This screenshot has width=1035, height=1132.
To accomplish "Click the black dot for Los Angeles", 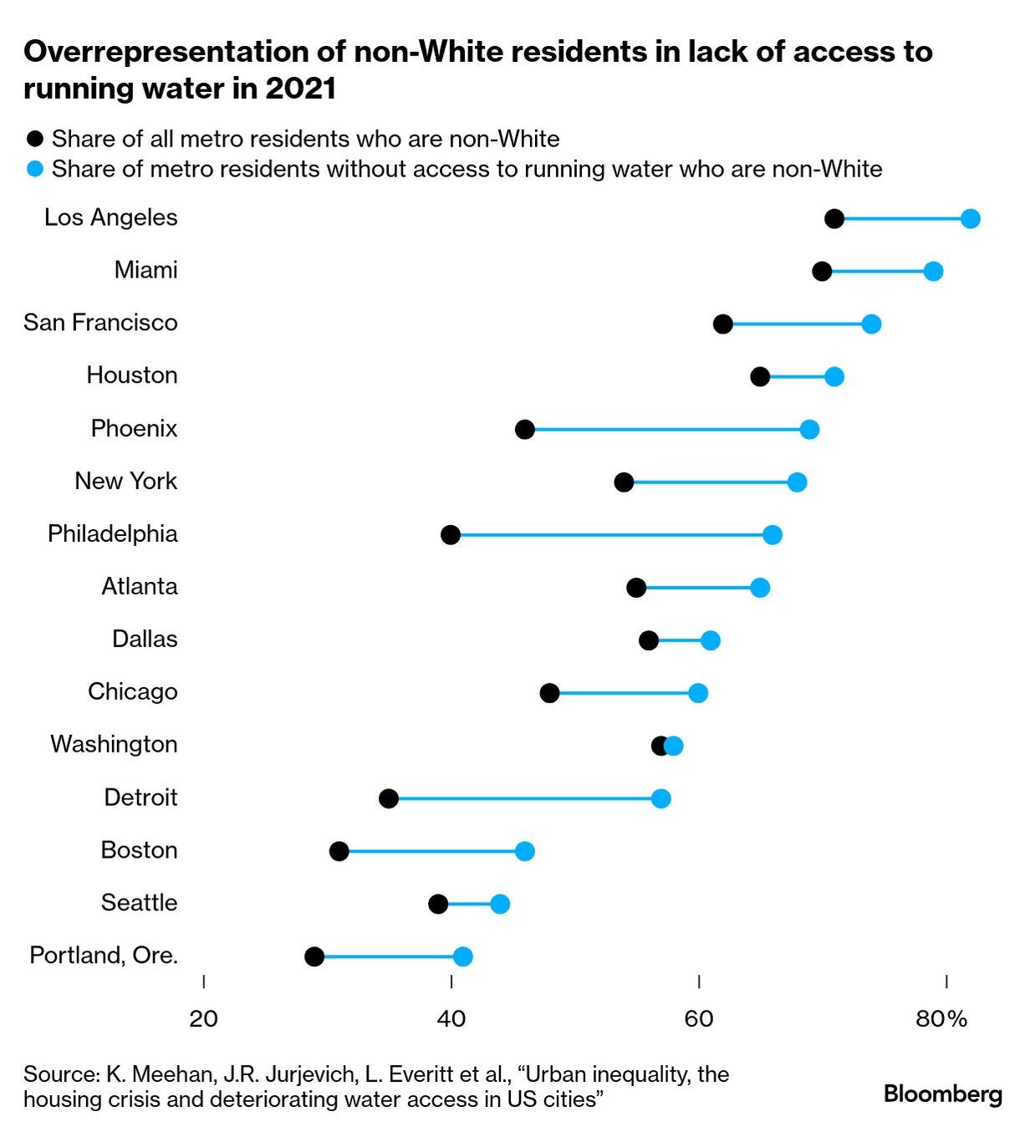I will pyautogui.click(x=834, y=219).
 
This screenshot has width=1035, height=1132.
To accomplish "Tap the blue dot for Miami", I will pyautogui.click(x=933, y=272).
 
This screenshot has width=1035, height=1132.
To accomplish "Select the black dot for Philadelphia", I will pyautogui.click(x=451, y=535).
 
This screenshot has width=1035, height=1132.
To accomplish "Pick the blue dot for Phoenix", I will pyautogui.click(x=809, y=430).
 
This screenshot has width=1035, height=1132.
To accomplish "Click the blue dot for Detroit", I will pyautogui.click(x=661, y=798).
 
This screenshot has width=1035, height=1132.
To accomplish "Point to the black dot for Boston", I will pyautogui.click(x=339, y=851).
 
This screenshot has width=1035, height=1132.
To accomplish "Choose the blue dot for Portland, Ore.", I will pyautogui.click(x=463, y=956).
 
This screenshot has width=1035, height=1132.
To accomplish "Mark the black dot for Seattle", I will pyautogui.click(x=438, y=904).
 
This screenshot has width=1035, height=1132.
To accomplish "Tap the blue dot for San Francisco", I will pyautogui.click(x=871, y=324).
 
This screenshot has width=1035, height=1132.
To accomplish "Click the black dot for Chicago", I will pyautogui.click(x=549, y=693).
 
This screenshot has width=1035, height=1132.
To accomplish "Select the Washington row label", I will pyautogui.click(x=114, y=744).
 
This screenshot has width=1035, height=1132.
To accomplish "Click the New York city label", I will pyautogui.click(x=125, y=481).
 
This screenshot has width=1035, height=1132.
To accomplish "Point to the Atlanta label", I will pyautogui.click(x=140, y=586).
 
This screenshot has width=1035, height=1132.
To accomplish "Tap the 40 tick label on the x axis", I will pyautogui.click(x=451, y=1019).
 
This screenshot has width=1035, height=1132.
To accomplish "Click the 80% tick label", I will pyautogui.click(x=941, y=1019).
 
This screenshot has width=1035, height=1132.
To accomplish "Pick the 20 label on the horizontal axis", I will pyautogui.click(x=204, y=1019).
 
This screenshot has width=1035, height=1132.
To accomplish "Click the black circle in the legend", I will pyautogui.click(x=35, y=139).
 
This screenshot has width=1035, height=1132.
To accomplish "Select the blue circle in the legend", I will pyautogui.click(x=35, y=169).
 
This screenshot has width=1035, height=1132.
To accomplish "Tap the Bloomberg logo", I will pyautogui.click(x=943, y=1094).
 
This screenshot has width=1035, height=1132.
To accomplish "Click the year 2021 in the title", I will pyautogui.click(x=301, y=89).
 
